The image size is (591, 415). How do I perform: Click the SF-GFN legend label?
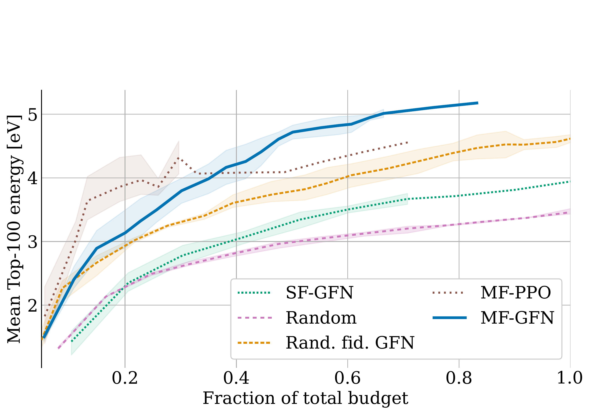[x=319, y=293]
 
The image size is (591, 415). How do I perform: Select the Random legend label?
[x=321, y=318]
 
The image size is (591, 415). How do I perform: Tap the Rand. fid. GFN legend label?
[x=350, y=343]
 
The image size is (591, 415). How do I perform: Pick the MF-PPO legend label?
[x=516, y=293]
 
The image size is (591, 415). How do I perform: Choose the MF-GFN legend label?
[x=517, y=318]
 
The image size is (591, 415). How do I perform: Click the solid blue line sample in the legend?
[x=449, y=318]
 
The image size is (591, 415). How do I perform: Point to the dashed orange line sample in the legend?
[x=254, y=343]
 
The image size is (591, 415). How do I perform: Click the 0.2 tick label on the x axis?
[x=125, y=378]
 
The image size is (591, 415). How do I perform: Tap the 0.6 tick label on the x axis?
[x=348, y=378]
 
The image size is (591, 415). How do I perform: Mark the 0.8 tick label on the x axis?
[x=459, y=378]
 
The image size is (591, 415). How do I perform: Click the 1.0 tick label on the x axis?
[x=569, y=378]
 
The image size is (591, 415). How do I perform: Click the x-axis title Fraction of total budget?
[x=305, y=398]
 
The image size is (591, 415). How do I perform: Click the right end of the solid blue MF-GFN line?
[x=478, y=103]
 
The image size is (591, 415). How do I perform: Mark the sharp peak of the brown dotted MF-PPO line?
[x=178, y=158]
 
